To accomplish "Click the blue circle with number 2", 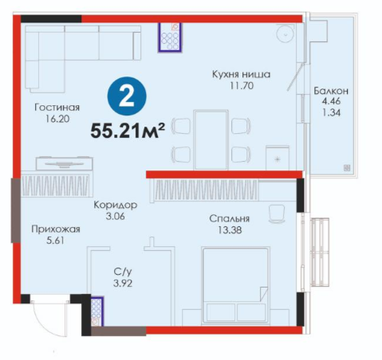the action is coord(127,96).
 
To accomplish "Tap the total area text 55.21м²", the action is coord(128,131).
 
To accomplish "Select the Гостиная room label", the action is coord(57,108).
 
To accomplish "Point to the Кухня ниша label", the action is coord(241,74).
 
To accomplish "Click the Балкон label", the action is coord(331,91).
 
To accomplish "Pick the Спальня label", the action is coord(230,218).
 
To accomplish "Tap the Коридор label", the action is coord(116,205).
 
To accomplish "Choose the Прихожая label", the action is coord(56,229).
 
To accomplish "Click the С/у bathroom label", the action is coord(123,272).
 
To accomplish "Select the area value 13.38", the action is coord(230,230).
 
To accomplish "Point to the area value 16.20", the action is coord(57,119).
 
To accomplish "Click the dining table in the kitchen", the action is coord(211,139).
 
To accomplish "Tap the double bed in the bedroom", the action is coord(235,285).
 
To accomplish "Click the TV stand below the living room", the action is coord(65,163).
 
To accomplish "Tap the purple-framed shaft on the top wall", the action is coord(170,37).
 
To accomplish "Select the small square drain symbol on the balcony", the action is coord(347,167).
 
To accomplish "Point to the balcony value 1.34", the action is coord(331,113).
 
